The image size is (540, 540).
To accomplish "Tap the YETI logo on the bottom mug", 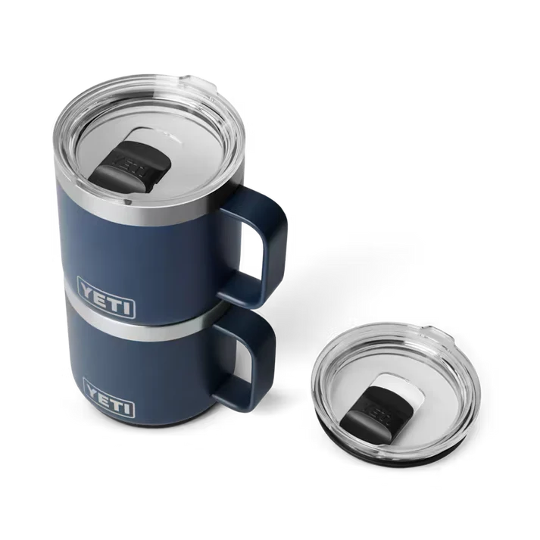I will tap(109, 392).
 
